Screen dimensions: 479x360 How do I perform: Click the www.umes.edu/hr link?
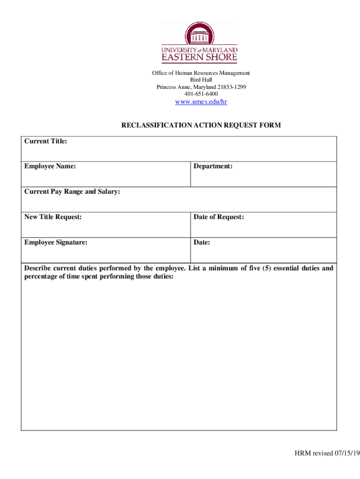(201, 102)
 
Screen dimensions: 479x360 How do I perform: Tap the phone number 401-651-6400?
(201, 94)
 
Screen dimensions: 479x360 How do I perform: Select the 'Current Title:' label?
(46, 141)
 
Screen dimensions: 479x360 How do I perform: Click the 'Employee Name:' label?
(50, 166)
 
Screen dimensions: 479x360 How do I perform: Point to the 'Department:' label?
(213, 166)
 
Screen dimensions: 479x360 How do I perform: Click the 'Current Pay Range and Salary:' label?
(72, 191)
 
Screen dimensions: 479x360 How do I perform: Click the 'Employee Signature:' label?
(56, 242)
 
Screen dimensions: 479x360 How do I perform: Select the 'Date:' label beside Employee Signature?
(202, 242)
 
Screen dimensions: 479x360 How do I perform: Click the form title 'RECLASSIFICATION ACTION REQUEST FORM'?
(201, 125)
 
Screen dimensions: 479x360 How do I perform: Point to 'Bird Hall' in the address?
(201, 80)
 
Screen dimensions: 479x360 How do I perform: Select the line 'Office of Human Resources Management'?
(201, 73)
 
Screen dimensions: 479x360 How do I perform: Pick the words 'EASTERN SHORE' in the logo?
(200, 58)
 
